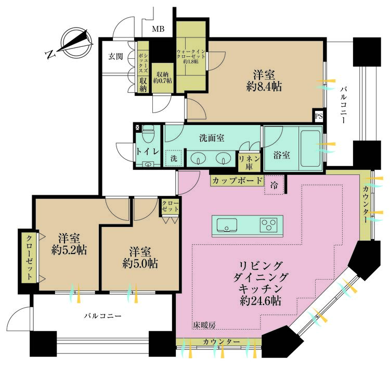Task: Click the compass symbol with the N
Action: tap(71, 44)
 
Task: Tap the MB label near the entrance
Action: tap(158, 29)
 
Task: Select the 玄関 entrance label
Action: tap(116, 56)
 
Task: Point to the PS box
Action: tap(319, 116)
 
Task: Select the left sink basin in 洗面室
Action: tap(198, 158)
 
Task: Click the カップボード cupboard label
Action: tap(237, 181)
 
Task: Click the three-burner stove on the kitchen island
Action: tap(270, 225)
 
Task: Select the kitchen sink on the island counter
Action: tap(227, 225)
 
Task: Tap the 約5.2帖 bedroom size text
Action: tap(69, 251)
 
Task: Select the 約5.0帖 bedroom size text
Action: tap(138, 263)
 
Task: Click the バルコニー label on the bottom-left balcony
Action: tap(103, 316)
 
